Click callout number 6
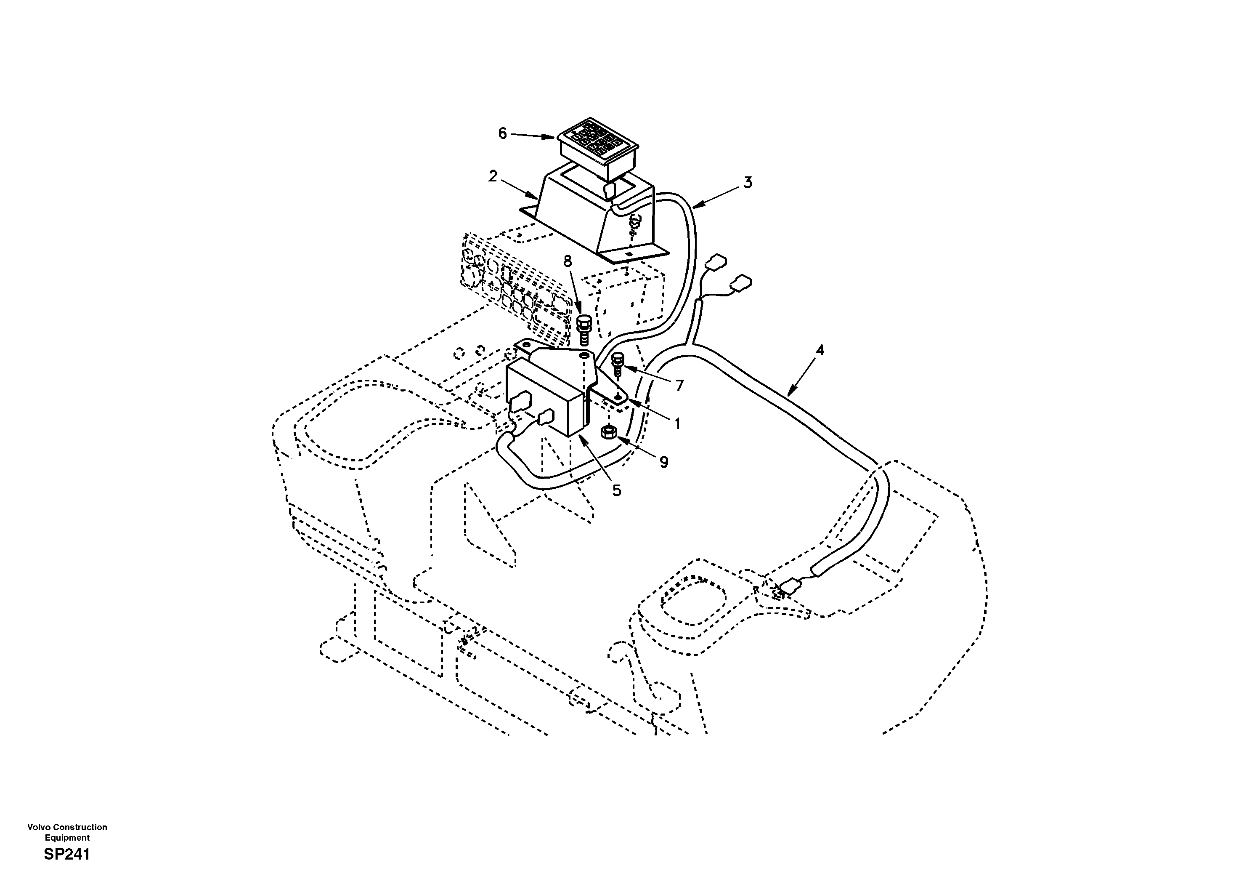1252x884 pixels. [502, 133]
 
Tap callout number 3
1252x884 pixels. [748, 183]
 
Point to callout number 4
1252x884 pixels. [819, 350]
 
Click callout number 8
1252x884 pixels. [568, 261]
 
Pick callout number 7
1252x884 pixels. [679, 386]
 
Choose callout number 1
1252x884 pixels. [677, 423]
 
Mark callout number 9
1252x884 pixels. [663, 462]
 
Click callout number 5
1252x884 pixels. [616, 490]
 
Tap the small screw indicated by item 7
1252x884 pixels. [618, 364]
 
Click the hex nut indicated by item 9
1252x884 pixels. [609, 433]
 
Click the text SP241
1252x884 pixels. [66, 855]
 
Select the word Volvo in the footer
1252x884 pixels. [39, 827]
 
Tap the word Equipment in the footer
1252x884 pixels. [67, 838]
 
